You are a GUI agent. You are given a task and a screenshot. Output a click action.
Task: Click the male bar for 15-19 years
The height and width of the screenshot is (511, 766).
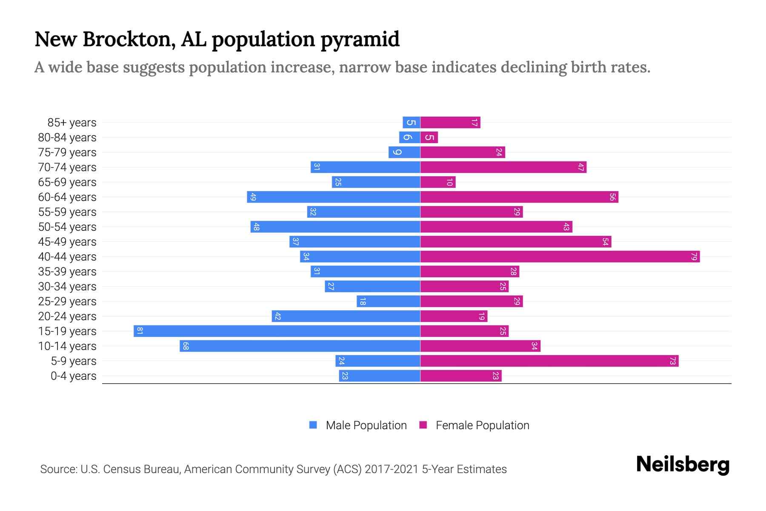tap(277, 331)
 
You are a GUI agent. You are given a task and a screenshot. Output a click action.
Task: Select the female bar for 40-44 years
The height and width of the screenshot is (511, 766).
tap(560, 256)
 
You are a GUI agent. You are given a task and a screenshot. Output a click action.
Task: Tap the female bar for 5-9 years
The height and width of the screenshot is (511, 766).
tap(549, 361)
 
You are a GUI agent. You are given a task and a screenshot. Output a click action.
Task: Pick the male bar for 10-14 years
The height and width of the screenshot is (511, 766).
tap(300, 346)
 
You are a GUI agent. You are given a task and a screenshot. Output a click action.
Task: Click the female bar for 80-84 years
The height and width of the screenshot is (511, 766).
tap(429, 137)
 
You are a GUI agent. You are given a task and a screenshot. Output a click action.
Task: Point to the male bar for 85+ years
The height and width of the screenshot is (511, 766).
tap(411, 122)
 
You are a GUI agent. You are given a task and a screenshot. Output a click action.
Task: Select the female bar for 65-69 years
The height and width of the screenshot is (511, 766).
tap(437, 182)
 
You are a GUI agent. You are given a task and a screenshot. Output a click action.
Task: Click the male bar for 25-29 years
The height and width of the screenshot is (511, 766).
tap(388, 301)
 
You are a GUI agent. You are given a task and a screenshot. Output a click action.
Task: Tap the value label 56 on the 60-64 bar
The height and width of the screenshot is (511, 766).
tap(612, 197)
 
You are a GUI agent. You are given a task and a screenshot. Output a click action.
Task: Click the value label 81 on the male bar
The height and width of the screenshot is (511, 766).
tap(140, 331)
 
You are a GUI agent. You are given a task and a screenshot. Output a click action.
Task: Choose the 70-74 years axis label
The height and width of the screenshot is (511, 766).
tap(67, 167)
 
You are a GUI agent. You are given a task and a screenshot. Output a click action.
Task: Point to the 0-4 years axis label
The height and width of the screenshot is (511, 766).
tap(73, 376)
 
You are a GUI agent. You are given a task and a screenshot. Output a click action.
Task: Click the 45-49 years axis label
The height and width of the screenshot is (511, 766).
tap(67, 241)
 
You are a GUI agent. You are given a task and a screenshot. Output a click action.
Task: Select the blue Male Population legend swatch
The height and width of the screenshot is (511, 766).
tap(313, 425)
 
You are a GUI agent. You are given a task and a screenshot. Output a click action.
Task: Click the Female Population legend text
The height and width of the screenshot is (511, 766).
tap(482, 425)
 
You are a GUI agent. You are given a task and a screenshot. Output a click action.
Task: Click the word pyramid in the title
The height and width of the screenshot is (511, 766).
tap(360, 40)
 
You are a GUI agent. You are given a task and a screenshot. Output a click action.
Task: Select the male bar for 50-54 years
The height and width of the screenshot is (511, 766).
tap(335, 227)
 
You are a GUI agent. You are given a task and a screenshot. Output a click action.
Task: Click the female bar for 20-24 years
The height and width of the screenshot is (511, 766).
tap(454, 316)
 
